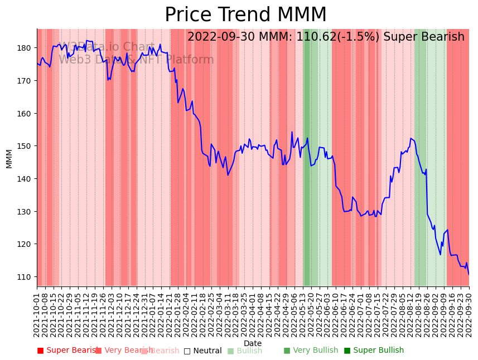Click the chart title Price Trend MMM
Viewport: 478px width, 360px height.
[245, 15]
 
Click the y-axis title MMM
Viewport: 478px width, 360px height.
[9, 158]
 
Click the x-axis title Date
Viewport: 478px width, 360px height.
[253, 343]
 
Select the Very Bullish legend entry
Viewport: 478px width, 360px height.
[311, 351]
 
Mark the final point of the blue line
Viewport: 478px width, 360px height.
[469, 274]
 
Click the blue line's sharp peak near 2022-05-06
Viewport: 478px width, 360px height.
[292, 132]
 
